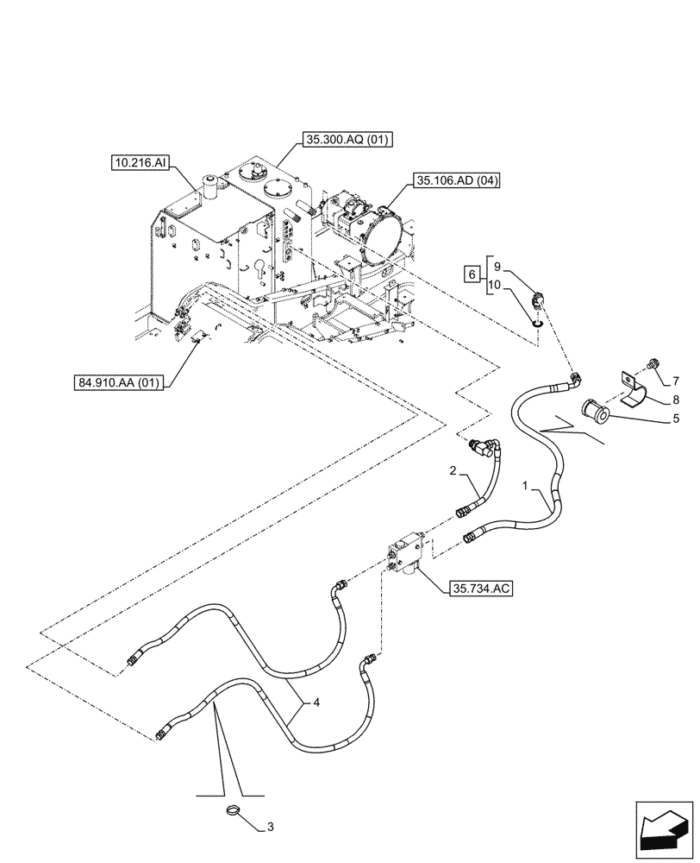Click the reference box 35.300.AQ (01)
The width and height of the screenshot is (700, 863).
point(347,141)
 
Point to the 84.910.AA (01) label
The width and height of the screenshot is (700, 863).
point(119,381)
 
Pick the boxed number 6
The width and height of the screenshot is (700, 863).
point(471,274)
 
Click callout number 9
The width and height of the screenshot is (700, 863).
point(497,267)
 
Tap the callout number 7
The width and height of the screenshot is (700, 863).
point(675,381)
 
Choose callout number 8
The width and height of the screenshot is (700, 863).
point(675,400)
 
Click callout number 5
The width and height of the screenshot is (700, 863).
point(676,419)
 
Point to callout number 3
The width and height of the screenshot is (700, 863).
point(270,827)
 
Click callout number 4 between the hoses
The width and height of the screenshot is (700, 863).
point(316,702)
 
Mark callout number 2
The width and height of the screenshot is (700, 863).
point(453,470)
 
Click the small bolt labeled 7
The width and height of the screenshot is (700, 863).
point(653,362)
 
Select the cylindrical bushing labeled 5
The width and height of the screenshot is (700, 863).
point(595,411)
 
